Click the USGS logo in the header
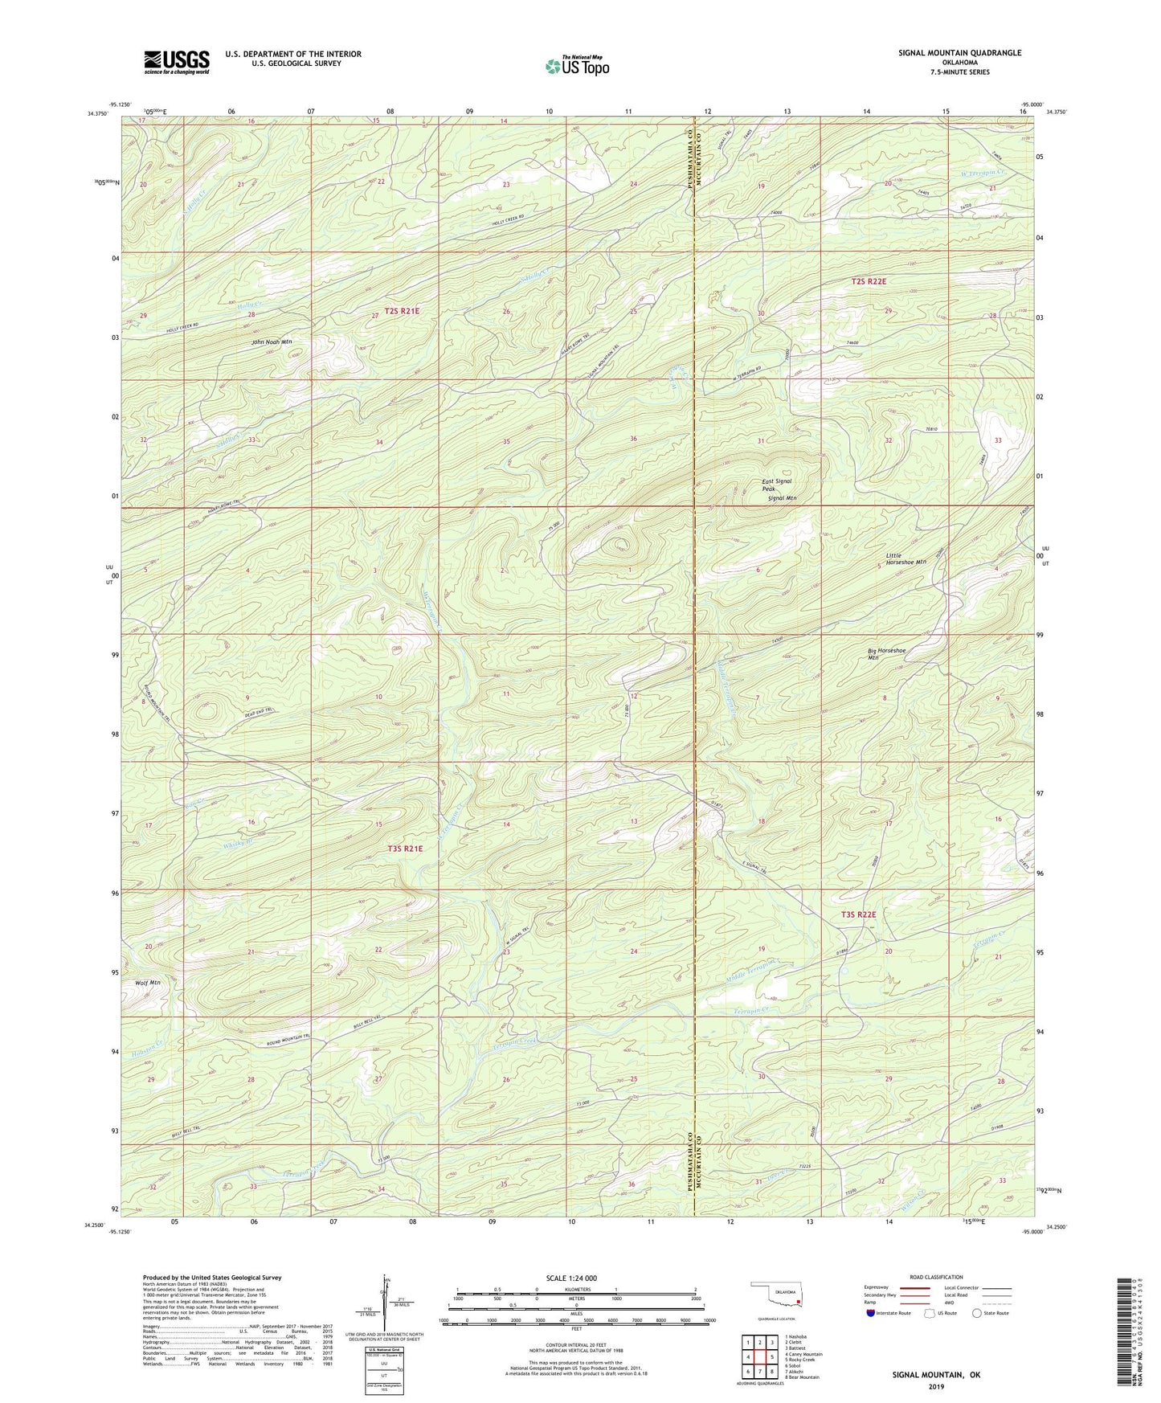pos(177,61)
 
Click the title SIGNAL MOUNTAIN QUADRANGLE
pos(959,53)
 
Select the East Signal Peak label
pos(777,485)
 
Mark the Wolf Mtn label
pos(148,983)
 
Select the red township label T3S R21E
pos(404,848)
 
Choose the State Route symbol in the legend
pos(976,1314)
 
